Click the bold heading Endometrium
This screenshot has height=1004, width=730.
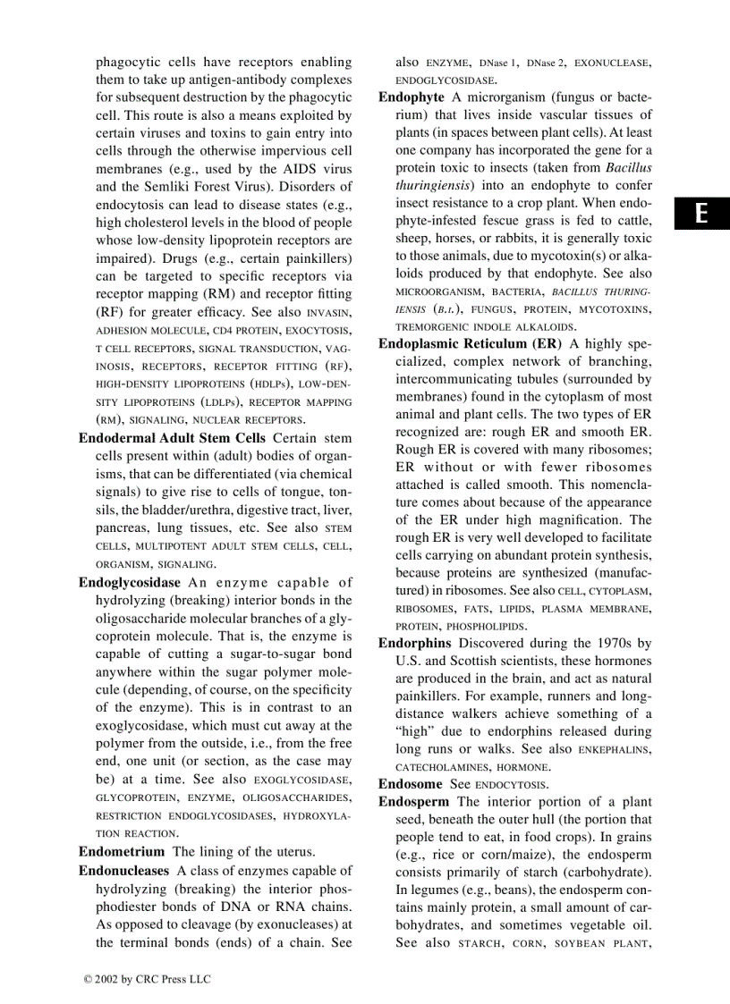pyautogui.click(x=122, y=852)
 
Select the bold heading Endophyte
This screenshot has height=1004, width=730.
pyautogui.click(x=412, y=97)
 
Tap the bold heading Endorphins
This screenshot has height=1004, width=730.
pyautogui.click(x=414, y=643)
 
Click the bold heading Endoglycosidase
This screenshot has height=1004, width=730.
pyautogui.click(x=130, y=582)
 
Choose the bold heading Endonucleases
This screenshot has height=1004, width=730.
pyautogui.click(x=123, y=870)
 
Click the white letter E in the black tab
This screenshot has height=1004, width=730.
pyautogui.click(x=702, y=214)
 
